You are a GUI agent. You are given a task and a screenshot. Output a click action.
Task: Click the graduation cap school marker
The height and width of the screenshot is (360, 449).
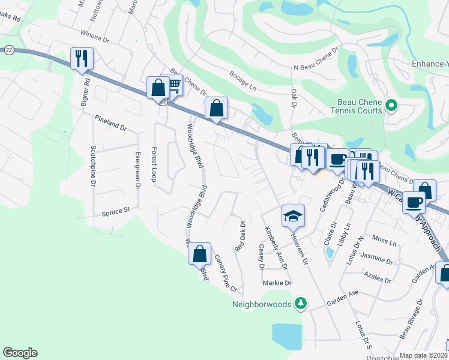[294, 216]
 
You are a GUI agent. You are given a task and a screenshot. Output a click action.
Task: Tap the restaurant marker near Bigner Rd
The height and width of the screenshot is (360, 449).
[80, 59]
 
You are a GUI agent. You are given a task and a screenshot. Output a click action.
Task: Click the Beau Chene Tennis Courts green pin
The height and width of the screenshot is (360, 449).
[392, 106]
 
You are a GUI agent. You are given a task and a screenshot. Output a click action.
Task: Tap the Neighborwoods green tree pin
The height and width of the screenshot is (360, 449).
[301, 304]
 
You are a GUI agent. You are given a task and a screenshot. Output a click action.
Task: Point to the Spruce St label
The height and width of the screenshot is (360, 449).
[116, 211]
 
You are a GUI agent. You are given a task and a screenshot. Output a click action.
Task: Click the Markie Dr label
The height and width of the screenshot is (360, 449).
[276, 283]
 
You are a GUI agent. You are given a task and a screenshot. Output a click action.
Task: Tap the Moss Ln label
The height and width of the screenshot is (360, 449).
[385, 243]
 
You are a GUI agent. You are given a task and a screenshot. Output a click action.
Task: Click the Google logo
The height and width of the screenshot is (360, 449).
[20, 353]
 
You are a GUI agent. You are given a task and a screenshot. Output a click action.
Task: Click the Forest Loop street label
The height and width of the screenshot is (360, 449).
[154, 164]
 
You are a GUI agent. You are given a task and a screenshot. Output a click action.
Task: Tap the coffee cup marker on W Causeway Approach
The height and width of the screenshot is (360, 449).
[414, 202]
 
